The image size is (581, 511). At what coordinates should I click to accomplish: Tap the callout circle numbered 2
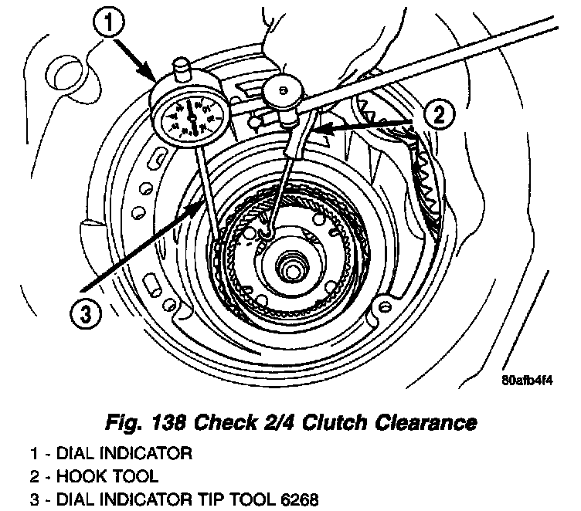[437, 116]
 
